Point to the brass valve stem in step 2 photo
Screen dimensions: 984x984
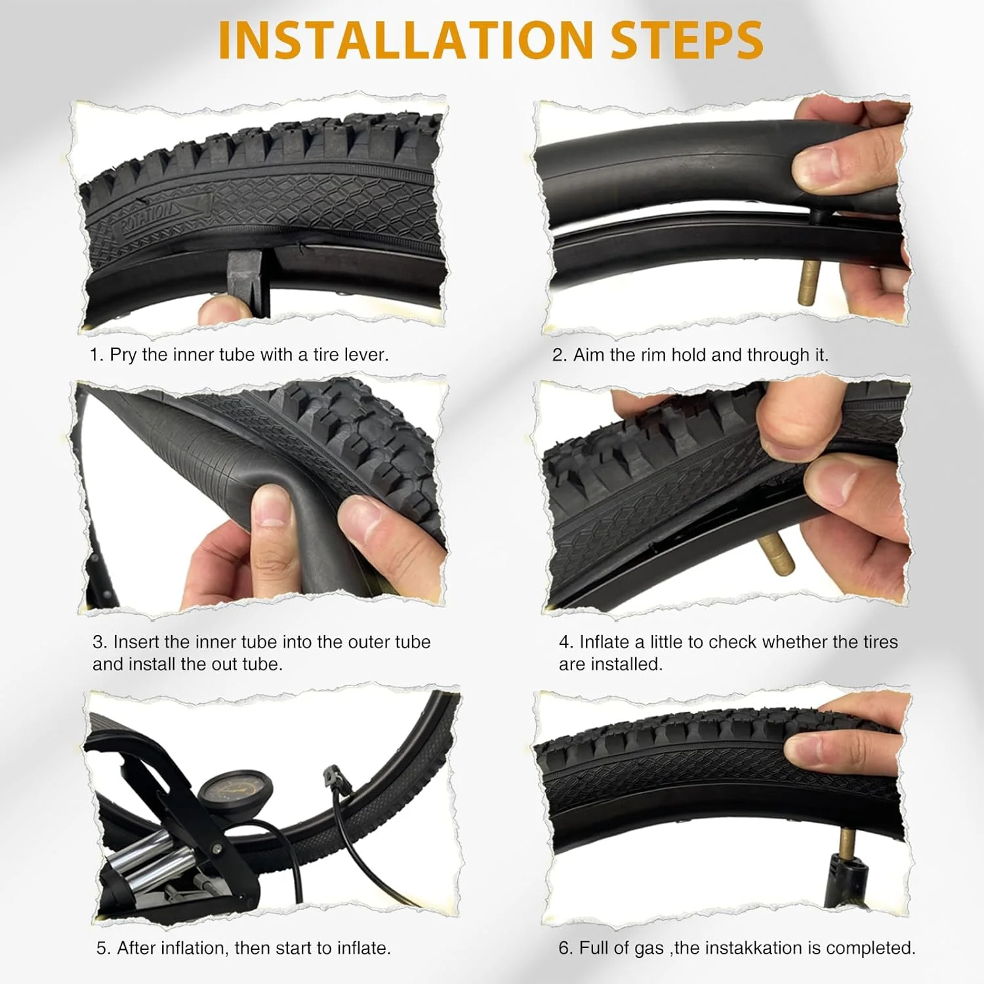click(x=808, y=282)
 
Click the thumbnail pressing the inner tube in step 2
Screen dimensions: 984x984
click(x=813, y=164)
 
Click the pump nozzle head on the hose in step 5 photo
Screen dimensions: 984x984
click(x=333, y=778)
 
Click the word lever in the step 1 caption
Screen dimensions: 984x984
click(x=365, y=355)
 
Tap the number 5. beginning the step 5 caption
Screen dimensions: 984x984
click(x=104, y=948)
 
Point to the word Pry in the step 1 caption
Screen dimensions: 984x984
click(x=123, y=355)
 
